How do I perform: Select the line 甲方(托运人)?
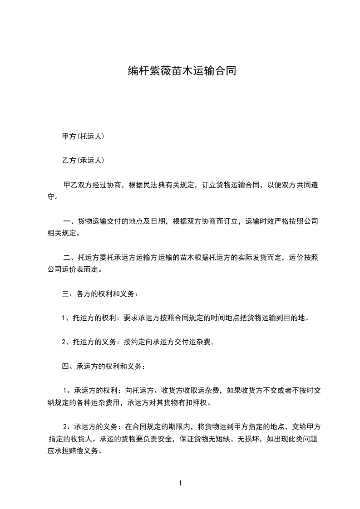point(83,136)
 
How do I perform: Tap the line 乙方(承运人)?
point(83,160)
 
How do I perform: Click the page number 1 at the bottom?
point(180,483)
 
